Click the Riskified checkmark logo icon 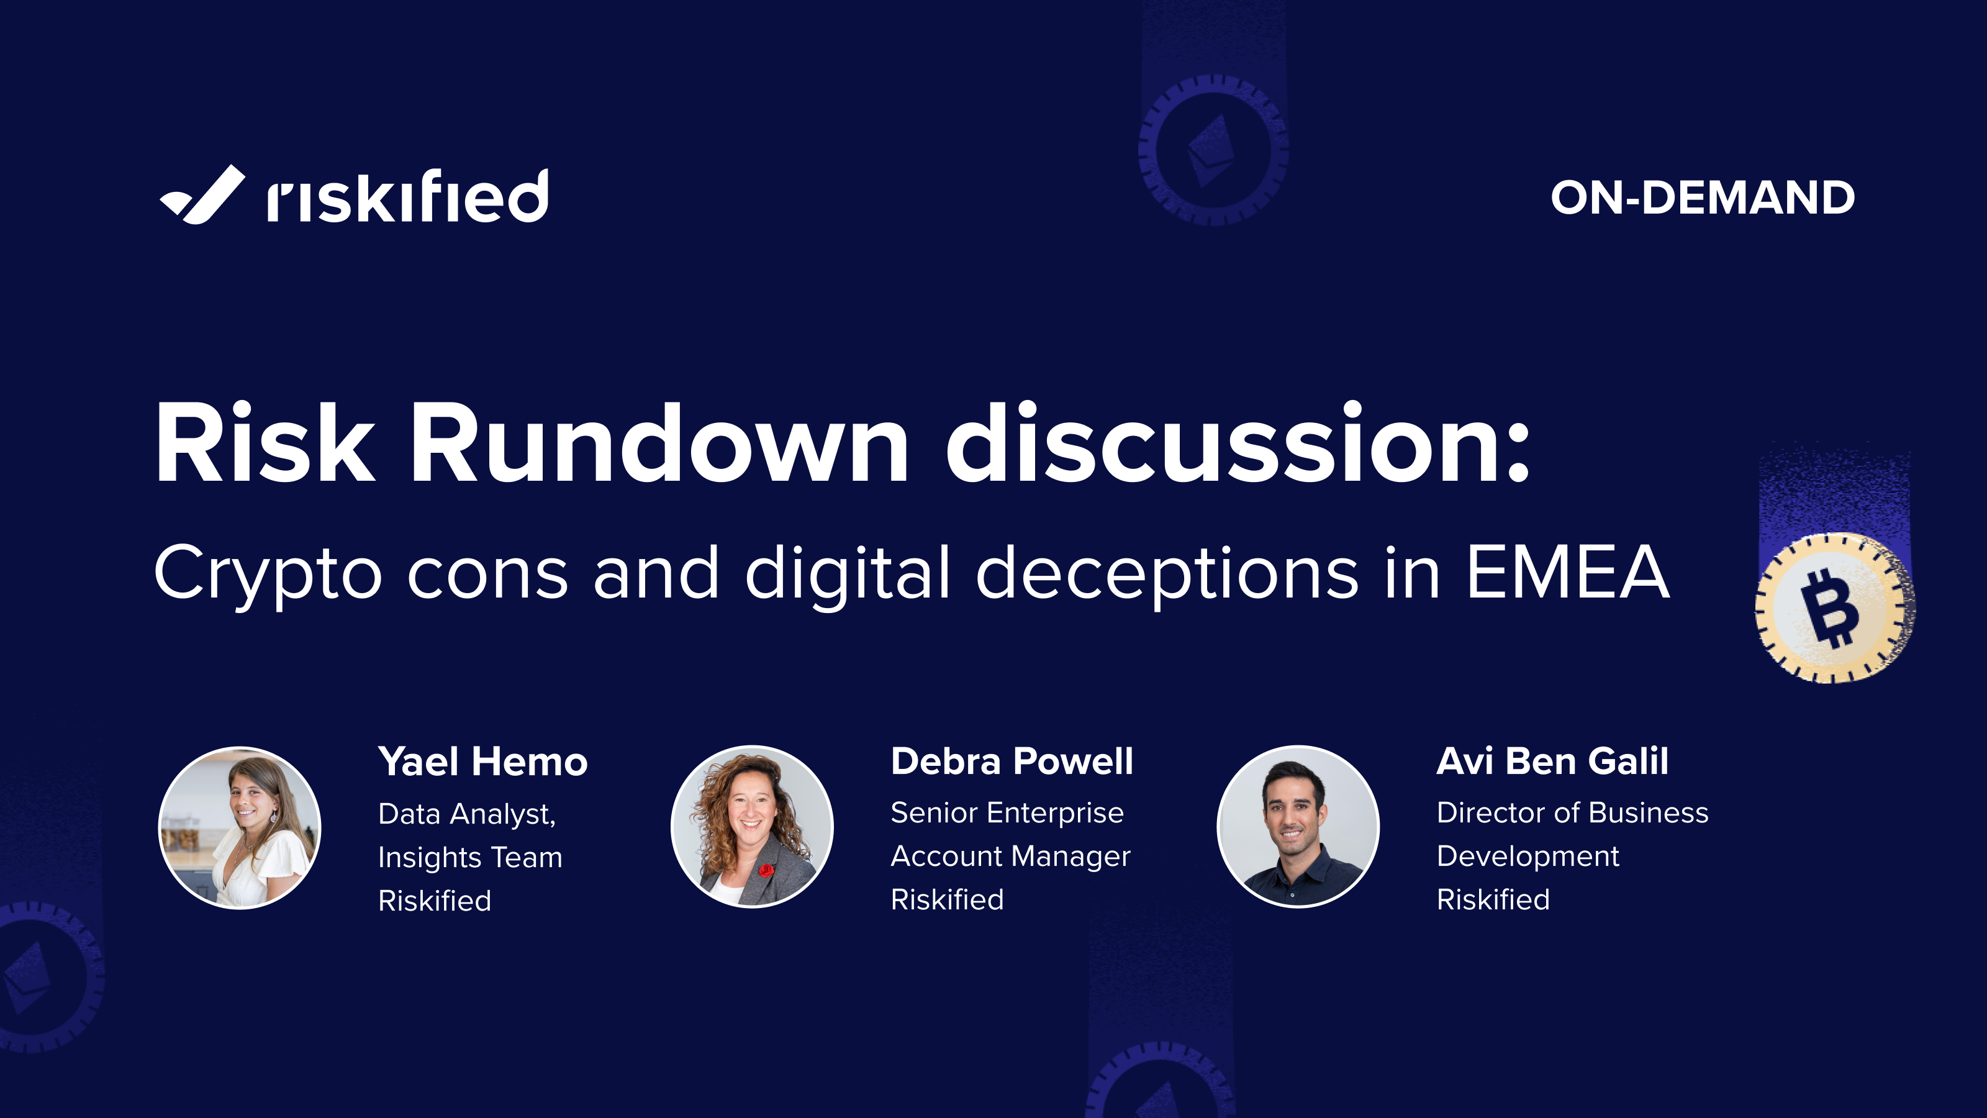click(202, 195)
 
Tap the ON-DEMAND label click(1703, 198)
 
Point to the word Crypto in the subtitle click(268, 574)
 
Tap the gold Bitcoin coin click(1834, 607)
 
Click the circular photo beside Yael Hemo click(240, 827)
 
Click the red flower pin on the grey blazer click(766, 870)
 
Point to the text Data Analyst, click(467, 814)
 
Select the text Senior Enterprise click(1007, 812)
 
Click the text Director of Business click(1572, 812)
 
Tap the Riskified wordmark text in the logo click(407, 197)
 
